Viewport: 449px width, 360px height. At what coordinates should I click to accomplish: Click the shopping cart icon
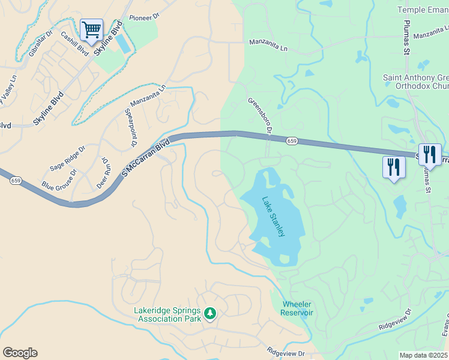point(91,29)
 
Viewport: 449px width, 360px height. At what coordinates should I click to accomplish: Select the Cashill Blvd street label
point(74,43)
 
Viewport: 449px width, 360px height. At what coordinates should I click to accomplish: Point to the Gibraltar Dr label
point(41,44)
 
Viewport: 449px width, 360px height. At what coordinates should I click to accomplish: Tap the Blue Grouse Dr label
point(59,179)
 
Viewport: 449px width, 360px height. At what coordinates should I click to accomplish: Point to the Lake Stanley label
point(273,216)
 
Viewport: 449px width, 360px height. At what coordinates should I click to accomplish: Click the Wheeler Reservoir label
point(297,308)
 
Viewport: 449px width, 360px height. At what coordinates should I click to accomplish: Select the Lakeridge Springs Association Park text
point(169,315)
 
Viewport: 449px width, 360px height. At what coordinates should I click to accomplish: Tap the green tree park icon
point(210,313)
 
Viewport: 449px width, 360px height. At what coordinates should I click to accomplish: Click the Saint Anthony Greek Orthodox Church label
point(416,82)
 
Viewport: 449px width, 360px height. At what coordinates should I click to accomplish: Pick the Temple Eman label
point(423,10)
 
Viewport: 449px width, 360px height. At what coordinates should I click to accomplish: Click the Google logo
point(20,353)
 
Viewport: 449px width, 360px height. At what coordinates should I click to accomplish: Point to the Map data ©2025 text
point(423,355)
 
